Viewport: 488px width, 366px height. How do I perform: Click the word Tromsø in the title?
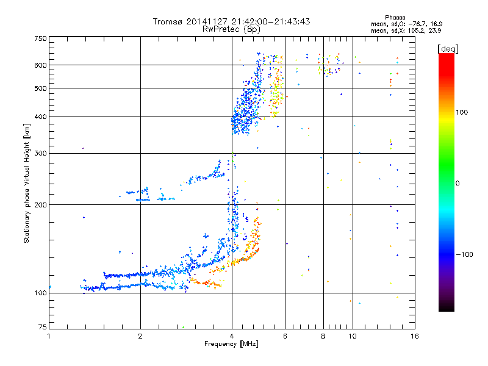[x=168, y=21]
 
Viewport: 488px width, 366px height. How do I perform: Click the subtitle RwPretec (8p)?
[x=231, y=29]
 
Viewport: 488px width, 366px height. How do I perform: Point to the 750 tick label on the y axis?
[x=40, y=38]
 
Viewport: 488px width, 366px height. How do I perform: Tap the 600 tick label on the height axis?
[x=40, y=65]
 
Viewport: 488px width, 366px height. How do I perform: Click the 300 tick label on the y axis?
[x=40, y=154]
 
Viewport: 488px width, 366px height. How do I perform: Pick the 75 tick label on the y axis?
[x=43, y=327]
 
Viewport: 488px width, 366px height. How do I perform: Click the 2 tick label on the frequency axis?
[x=140, y=337]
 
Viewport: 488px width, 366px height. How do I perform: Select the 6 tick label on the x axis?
[x=285, y=337]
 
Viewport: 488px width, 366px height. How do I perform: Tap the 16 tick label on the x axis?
[x=415, y=337]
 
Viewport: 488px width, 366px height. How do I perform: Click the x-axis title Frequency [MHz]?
[x=231, y=344]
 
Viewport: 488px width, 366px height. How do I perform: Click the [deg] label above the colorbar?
[x=448, y=49]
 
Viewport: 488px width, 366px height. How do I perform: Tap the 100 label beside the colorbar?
[x=462, y=112]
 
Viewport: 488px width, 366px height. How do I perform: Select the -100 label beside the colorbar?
[x=465, y=254]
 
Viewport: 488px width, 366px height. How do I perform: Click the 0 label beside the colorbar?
[x=457, y=184]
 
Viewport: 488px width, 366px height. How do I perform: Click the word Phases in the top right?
[x=395, y=18]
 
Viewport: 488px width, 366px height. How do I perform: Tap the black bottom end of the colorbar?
[x=447, y=308]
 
